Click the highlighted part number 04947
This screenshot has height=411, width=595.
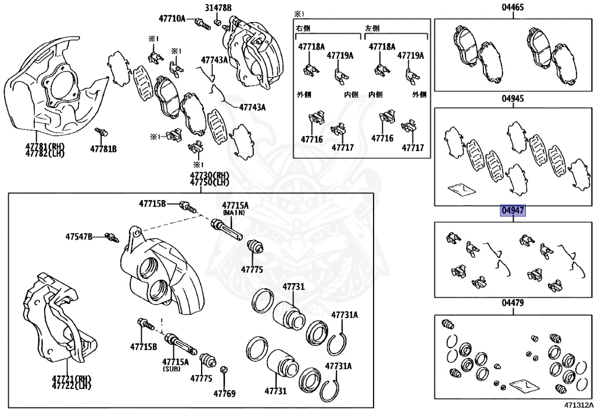[514, 210]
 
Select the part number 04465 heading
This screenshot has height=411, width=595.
[514, 8]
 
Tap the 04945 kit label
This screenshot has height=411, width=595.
[514, 99]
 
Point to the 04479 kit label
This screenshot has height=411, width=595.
[514, 303]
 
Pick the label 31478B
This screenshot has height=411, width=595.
[217, 8]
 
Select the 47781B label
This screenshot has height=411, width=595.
[103, 149]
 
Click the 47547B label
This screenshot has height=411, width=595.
[79, 237]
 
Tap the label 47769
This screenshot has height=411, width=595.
[224, 394]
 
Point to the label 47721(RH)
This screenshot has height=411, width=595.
[71, 378]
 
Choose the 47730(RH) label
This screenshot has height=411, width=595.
[209, 175]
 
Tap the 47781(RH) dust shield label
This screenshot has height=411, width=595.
[44, 146]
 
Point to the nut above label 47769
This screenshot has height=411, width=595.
[224, 369]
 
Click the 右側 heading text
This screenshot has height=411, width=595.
[304, 28]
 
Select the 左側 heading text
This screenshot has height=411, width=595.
[372, 28]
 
